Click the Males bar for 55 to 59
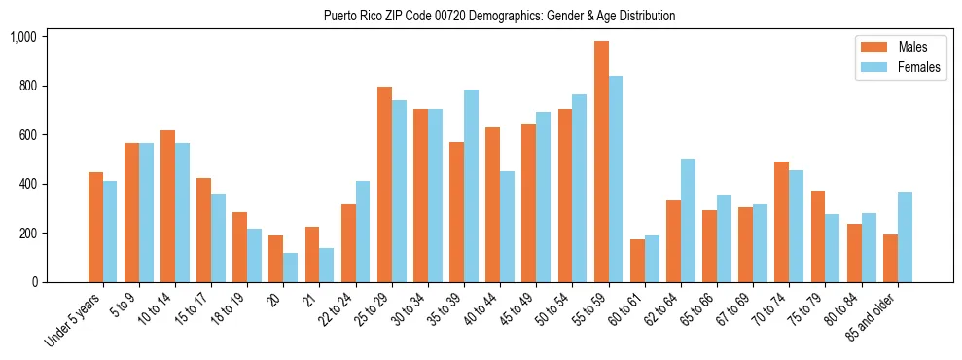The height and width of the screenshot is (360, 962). click(601, 162)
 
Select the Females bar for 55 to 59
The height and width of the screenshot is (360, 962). click(616, 179)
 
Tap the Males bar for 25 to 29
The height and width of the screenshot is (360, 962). click(384, 185)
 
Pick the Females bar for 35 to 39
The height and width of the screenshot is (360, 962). click(471, 186)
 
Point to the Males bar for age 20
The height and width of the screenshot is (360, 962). click(275, 259)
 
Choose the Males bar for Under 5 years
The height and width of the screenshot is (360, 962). click(95, 228)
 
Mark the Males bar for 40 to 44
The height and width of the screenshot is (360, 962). click(493, 205)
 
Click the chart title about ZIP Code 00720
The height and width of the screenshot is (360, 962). click(499, 16)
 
